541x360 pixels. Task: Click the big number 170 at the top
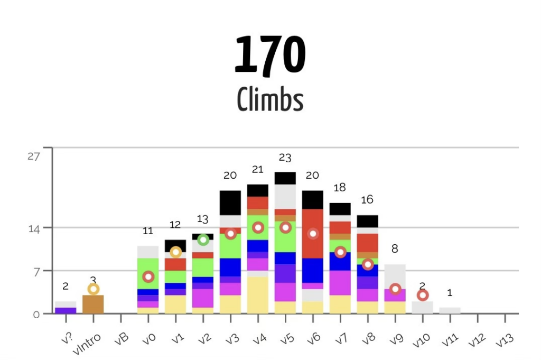(x=270, y=55)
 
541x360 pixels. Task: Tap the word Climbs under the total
(x=270, y=99)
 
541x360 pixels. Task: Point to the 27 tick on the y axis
(x=34, y=156)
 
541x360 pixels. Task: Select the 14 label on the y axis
(x=34, y=228)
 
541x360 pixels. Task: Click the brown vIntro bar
(x=93, y=304)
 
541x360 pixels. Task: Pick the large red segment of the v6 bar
(x=313, y=233)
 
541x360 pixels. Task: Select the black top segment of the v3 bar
(x=230, y=202)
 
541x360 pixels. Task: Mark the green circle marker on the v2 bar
(x=203, y=240)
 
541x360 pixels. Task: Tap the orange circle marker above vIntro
(x=93, y=289)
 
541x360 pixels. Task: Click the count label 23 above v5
(x=285, y=158)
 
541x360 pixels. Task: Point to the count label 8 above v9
(x=395, y=248)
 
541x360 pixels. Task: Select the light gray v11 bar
(x=450, y=310)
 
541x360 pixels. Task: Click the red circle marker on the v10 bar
(x=423, y=295)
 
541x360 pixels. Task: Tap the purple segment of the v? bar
(x=66, y=311)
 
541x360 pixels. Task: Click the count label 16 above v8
(x=367, y=199)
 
